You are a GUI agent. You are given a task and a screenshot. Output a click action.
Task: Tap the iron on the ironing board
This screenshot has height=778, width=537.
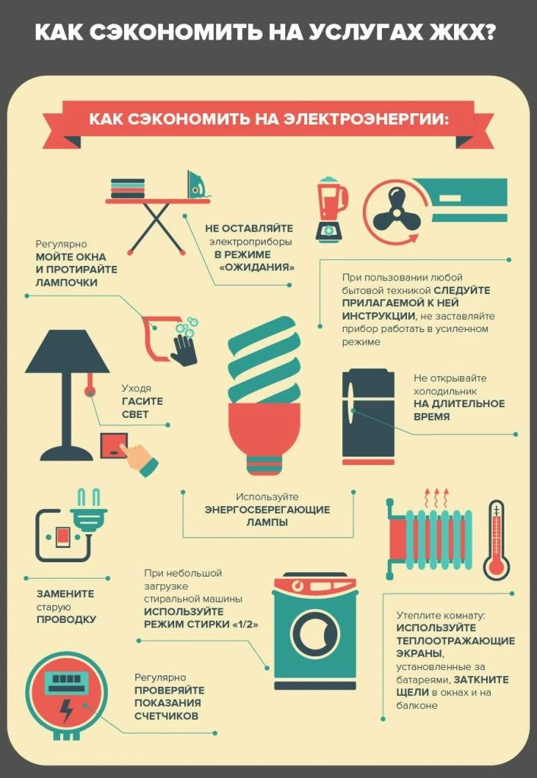pyautogui.click(x=195, y=184)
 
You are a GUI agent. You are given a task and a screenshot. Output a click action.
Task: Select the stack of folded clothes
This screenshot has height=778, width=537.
pyautogui.click(x=128, y=188)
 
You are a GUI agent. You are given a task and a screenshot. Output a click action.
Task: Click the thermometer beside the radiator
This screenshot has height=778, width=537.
pyautogui.click(x=496, y=539)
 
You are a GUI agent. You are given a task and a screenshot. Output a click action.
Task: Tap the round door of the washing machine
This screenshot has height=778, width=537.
pyautogui.click(x=314, y=634)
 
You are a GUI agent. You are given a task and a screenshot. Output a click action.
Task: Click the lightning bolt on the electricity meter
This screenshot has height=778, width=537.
pyautogui.click(x=65, y=710)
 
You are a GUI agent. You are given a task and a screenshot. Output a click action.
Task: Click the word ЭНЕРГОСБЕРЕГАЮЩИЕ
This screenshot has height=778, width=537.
pyautogui.click(x=267, y=510)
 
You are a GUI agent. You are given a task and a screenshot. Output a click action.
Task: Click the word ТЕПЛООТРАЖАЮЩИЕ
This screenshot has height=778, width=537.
pyautogui.click(x=456, y=641)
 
